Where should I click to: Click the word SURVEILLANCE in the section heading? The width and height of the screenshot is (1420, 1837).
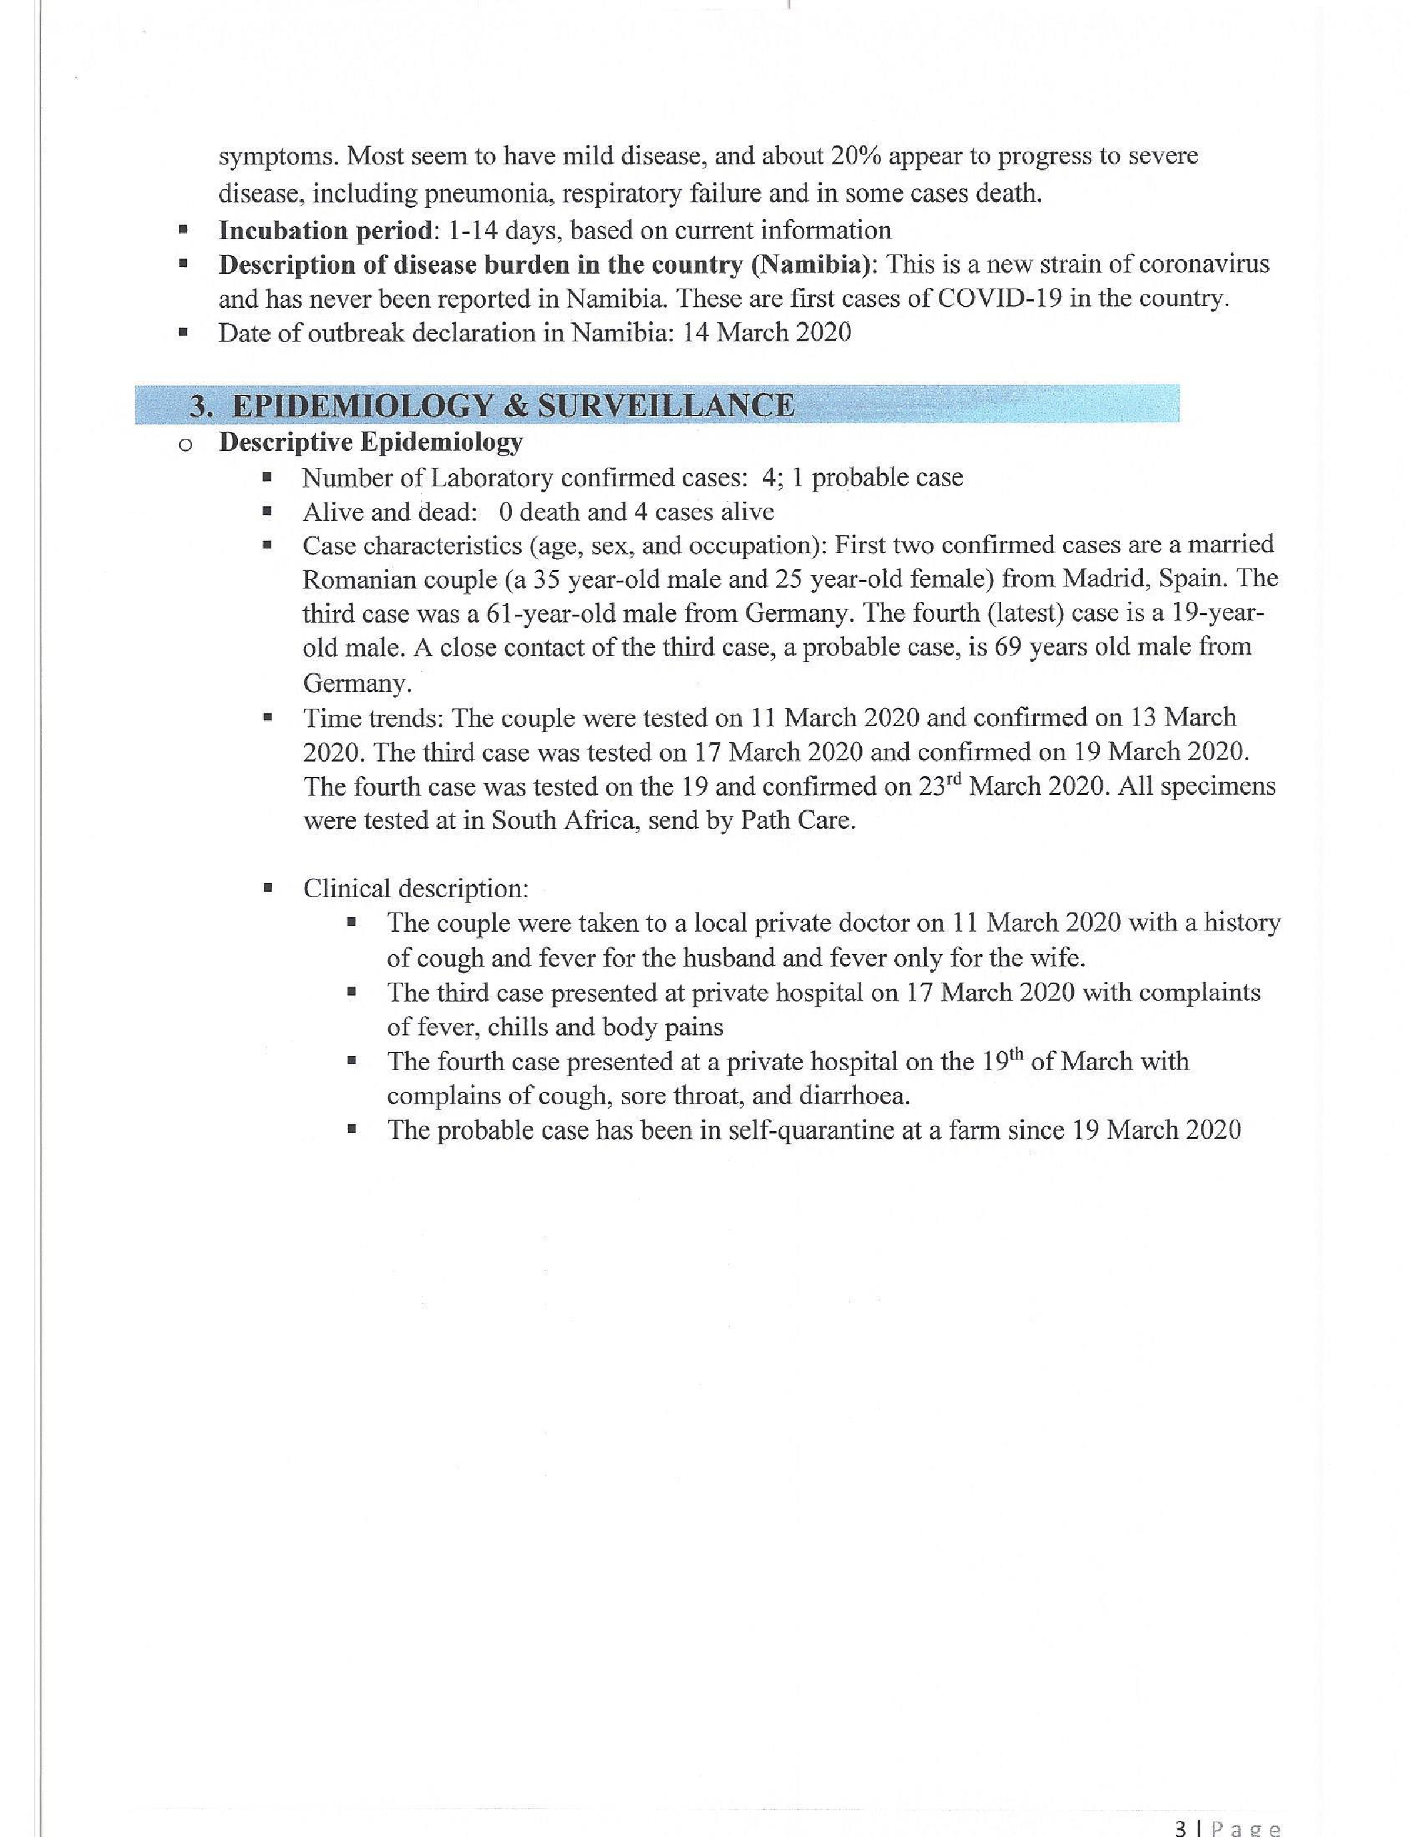click(x=666, y=406)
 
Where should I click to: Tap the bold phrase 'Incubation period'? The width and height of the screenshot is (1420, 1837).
click(x=325, y=230)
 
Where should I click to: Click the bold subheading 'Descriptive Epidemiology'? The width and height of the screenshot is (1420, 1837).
click(x=371, y=442)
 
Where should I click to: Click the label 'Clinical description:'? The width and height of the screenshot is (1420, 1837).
click(x=416, y=889)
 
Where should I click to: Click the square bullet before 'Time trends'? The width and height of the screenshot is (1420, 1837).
click(x=267, y=718)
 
